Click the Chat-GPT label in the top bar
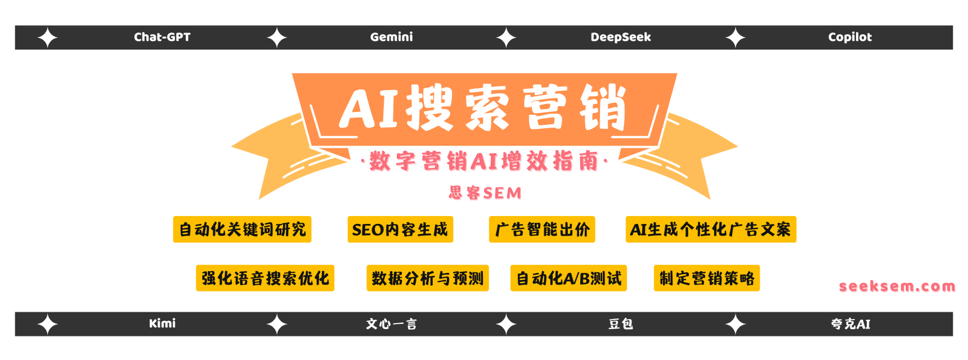click(x=162, y=37)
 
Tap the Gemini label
click(x=391, y=37)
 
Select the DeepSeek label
click(x=621, y=37)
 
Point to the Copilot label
click(x=850, y=37)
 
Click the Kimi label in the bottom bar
click(x=162, y=323)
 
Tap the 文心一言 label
click(x=391, y=324)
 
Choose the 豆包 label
click(x=621, y=324)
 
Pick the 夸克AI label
click(x=850, y=324)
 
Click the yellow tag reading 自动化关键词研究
click(x=242, y=229)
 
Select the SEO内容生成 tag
click(x=400, y=229)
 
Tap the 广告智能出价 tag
click(x=542, y=229)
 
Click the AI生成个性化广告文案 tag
click(x=711, y=229)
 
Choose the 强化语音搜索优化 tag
click(x=265, y=278)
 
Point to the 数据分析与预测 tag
click(x=427, y=278)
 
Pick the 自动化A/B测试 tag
click(x=568, y=278)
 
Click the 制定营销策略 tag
click(x=707, y=278)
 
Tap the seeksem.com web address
click(x=897, y=286)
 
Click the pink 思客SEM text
click(x=485, y=193)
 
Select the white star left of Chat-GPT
click(x=48, y=38)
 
